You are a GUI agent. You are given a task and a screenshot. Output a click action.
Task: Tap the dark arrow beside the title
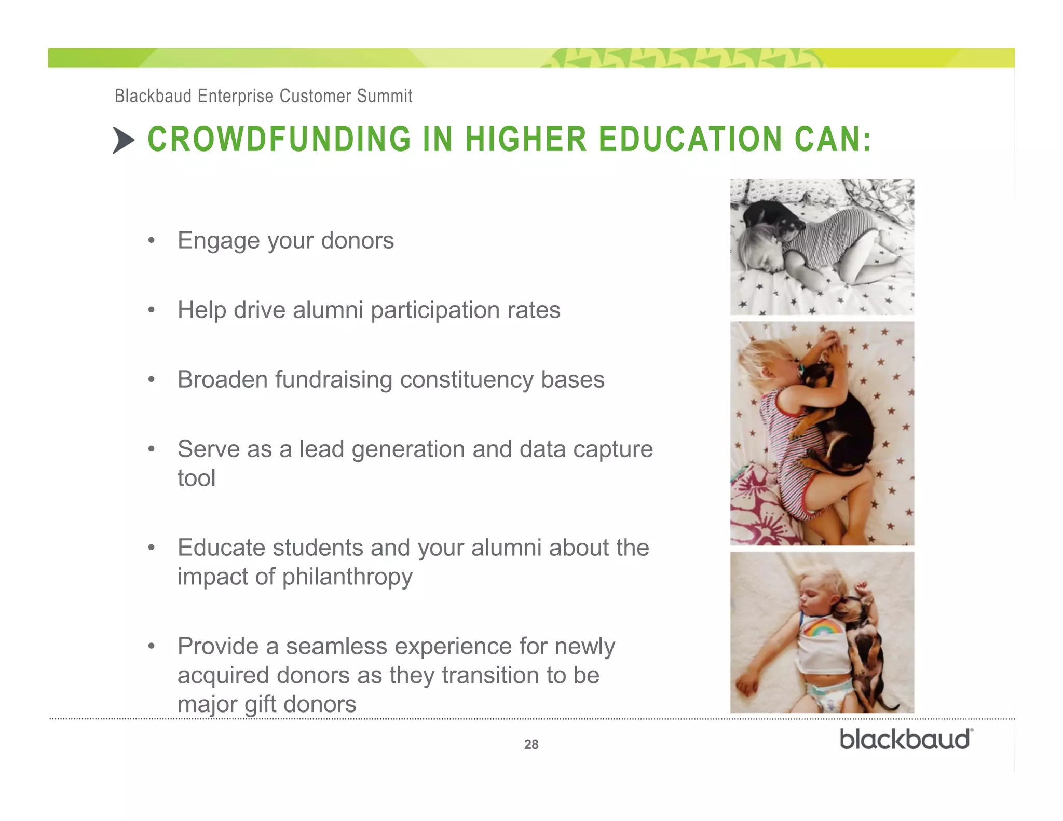pyautogui.click(x=124, y=140)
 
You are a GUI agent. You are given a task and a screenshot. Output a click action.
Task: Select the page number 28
pyautogui.click(x=531, y=744)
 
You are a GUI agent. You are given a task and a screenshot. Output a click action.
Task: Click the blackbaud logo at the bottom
pyautogui.click(x=906, y=739)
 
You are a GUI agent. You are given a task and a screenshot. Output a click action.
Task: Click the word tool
pyautogui.click(x=196, y=478)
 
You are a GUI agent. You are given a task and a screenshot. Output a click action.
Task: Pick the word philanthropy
pyautogui.click(x=347, y=577)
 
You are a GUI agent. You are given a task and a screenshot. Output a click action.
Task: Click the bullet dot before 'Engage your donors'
pyautogui.click(x=151, y=241)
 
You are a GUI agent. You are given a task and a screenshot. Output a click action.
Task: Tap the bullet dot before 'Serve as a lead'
pyautogui.click(x=151, y=449)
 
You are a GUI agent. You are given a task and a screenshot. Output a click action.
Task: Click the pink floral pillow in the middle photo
pyautogui.click(x=758, y=503)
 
